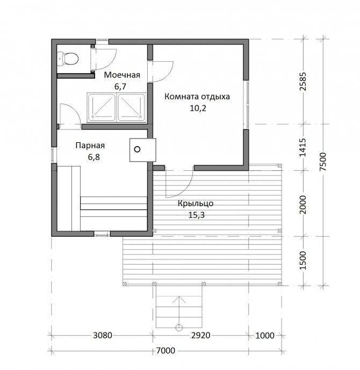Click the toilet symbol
coord(68,59)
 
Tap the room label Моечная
coord(122,75)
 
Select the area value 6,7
coord(120,86)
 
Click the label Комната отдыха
coord(197,97)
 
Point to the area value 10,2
coord(198,108)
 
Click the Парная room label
coord(90,146)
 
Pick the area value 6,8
coord(94,157)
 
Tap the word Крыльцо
coord(196,204)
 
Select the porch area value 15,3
coord(197,215)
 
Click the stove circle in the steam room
coord(137,149)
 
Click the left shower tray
coord(101,107)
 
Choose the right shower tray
coord(132,107)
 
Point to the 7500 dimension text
coord(323,162)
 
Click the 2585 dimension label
coord(303,82)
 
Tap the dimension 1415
coord(303,148)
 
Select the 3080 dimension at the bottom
coord(103,335)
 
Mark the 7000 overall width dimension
coord(165,351)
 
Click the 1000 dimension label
coord(265,335)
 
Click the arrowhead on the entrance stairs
coord(179,299)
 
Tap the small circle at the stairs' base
coord(179,328)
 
